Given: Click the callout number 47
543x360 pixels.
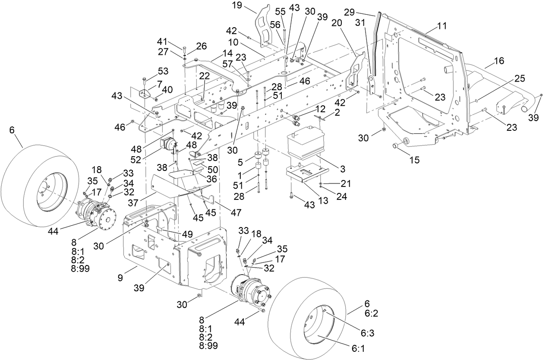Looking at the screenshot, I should click(235, 212).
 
